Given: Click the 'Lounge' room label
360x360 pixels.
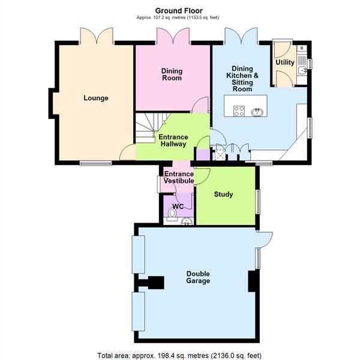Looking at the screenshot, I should tap(96, 98).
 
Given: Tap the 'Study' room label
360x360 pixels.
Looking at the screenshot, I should tap(223, 194).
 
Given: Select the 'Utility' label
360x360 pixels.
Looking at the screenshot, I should tap(284, 62).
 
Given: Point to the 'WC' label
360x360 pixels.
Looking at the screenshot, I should tap(178, 206).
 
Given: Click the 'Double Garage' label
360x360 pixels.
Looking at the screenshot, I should tap(197, 277).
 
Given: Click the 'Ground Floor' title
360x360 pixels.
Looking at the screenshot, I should tap(179, 10).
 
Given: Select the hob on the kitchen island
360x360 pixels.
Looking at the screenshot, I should tap(239, 111).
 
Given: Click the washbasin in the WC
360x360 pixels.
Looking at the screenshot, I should tap(187, 221).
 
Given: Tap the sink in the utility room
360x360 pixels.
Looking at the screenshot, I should tap(302, 70).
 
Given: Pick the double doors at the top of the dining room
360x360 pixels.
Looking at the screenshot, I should tap(173, 36).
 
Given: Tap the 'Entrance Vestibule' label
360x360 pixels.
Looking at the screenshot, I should tap(179, 178).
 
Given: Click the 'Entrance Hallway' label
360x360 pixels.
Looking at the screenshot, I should tap(173, 140).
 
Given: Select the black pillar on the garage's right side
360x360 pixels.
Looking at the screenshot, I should tap(253, 281).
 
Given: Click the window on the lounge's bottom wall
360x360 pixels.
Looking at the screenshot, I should tap(95, 163).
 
